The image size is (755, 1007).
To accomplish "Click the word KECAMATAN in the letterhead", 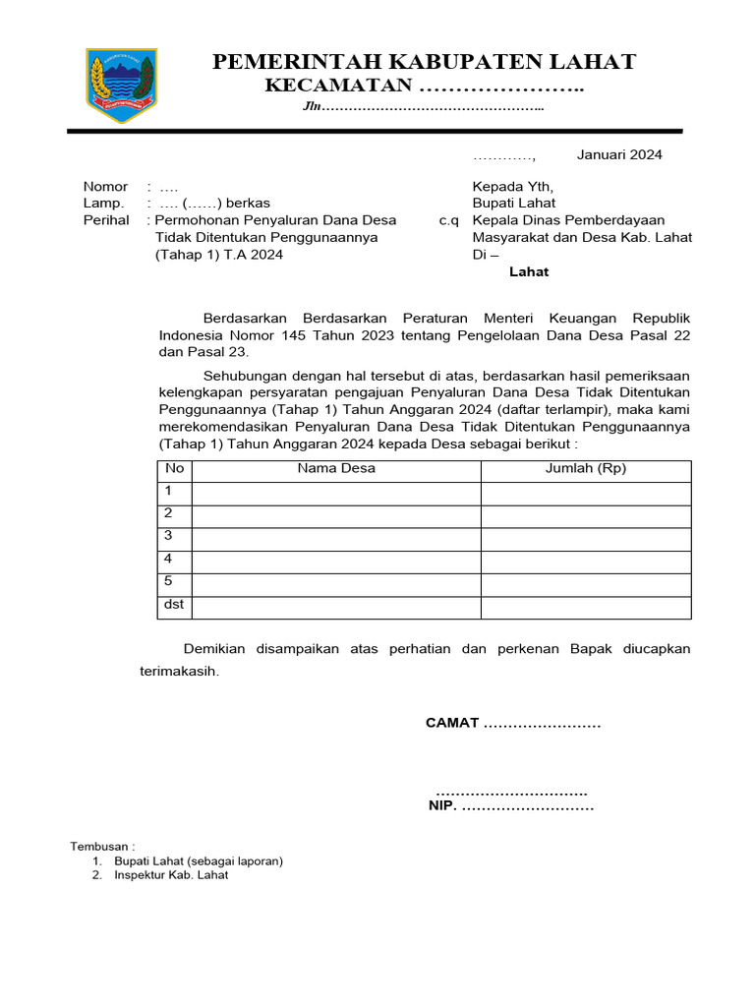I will coord(338,87).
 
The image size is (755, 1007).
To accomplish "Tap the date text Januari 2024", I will coord(619,154).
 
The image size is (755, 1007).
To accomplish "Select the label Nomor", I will coord(105,187).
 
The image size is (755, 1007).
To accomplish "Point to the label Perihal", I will coord(106,220).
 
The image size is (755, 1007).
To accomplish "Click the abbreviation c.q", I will coord(449,220).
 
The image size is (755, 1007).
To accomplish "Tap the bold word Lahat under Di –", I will coord(529,271).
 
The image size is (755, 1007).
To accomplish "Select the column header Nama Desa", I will coord(336,468).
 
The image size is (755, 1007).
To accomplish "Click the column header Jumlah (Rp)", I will coord(586,468).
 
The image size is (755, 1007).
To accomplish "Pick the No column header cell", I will coord(174,468).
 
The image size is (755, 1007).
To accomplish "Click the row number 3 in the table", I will coord(169,535).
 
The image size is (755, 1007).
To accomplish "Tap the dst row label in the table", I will coord(174,604).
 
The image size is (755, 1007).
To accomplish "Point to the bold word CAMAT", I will coord(452,723).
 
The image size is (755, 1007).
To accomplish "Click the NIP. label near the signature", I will coord(441,806).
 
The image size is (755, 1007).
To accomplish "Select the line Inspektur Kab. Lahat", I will coord(171,874).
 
